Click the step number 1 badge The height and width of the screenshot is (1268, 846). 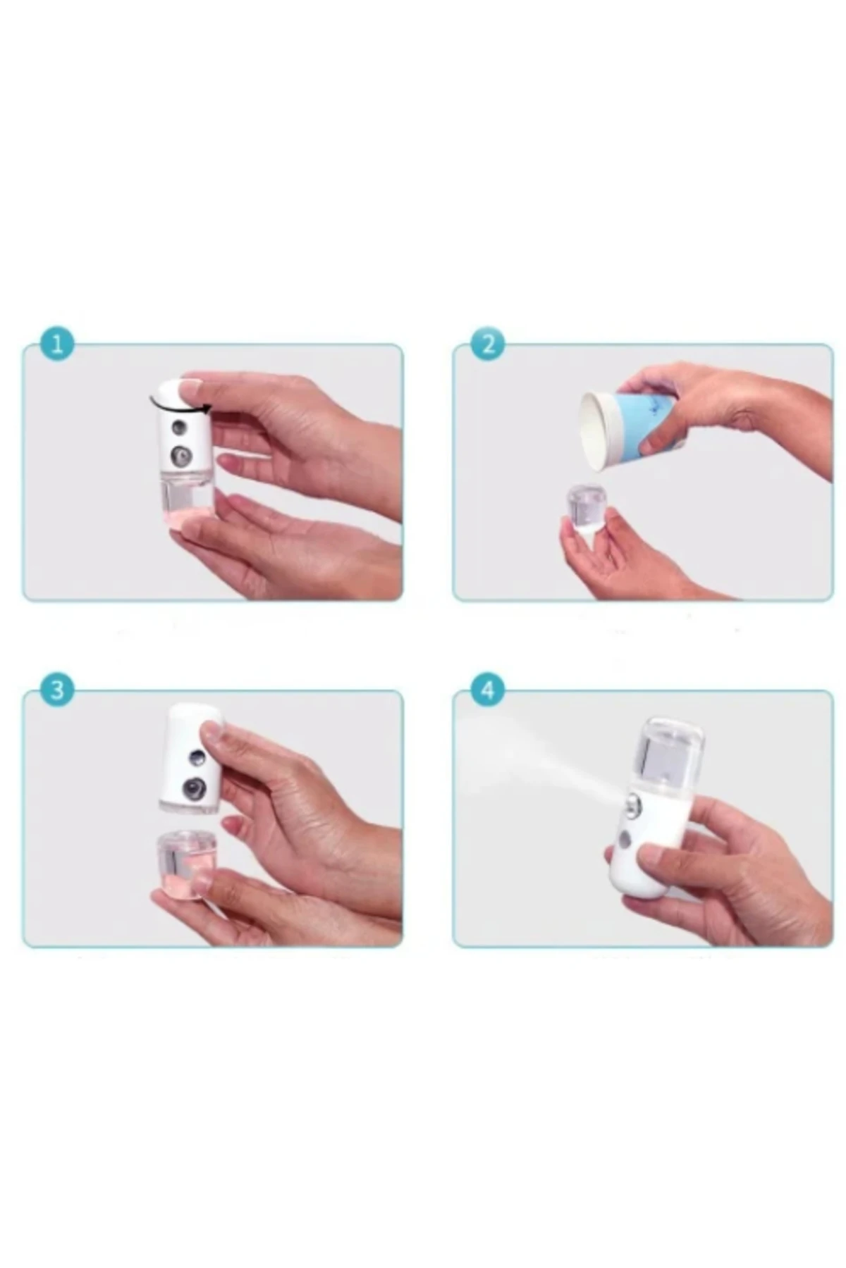(x=58, y=345)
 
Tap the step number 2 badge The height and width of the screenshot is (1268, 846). (x=489, y=345)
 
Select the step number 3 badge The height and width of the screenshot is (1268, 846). (x=58, y=690)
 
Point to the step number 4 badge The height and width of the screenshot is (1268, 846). (x=489, y=690)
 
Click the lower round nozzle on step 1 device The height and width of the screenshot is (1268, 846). (x=182, y=457)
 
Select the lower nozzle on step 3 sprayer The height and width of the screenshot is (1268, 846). (x=192, y=788)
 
